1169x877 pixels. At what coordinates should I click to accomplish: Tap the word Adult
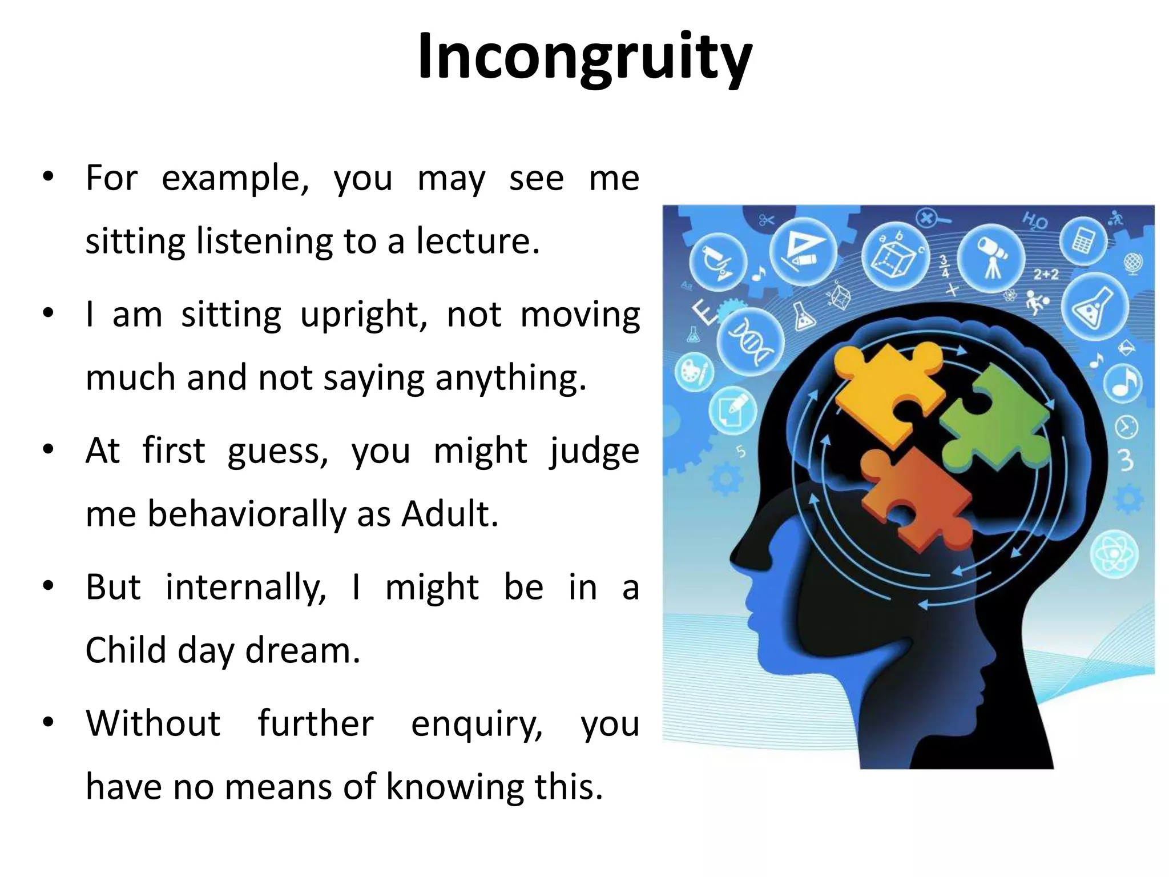tap(449, 514)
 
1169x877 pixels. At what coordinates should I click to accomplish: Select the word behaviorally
tap(247, 514)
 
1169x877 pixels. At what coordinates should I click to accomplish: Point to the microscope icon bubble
tap(717, 262)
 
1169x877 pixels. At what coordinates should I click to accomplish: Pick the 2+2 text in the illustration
tap(1046, 275)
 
